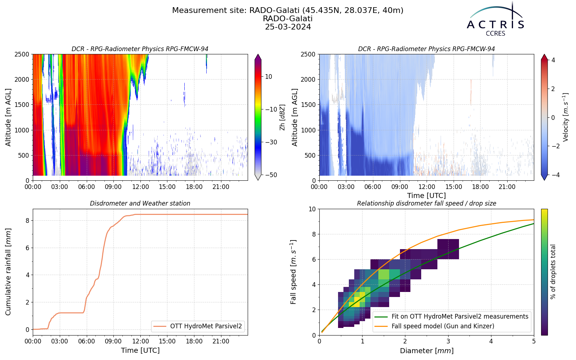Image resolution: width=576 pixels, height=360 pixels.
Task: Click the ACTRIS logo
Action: (x=495, y=20)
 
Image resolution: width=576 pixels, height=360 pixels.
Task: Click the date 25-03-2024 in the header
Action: (x=288, y=27)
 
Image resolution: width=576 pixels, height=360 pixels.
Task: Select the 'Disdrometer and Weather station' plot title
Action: (x=140, y=203)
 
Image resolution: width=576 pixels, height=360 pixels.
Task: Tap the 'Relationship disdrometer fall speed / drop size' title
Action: (x=427, y=203)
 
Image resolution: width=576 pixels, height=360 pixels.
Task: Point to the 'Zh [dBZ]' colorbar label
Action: (x=282, y=117)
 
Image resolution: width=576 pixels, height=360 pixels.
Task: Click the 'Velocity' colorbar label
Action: (x=565, y=117)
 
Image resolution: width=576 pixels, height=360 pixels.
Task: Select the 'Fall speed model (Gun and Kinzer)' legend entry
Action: (x=443, y=326)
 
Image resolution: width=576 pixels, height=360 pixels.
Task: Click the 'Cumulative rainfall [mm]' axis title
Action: (x=8, y=272)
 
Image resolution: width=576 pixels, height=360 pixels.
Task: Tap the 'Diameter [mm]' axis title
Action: (x=427, y=351)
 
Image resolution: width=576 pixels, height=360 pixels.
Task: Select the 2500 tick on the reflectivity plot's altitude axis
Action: (x=22, y=54)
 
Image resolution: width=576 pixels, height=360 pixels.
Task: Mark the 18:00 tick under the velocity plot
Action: (x=480, y=187)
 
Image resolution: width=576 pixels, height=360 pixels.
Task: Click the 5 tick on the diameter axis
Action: (x=534, y=341)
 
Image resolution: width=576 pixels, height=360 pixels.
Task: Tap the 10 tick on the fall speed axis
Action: (x=312, y=209)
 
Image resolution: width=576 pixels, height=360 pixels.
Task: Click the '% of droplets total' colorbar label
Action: (x=553, y=272)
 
